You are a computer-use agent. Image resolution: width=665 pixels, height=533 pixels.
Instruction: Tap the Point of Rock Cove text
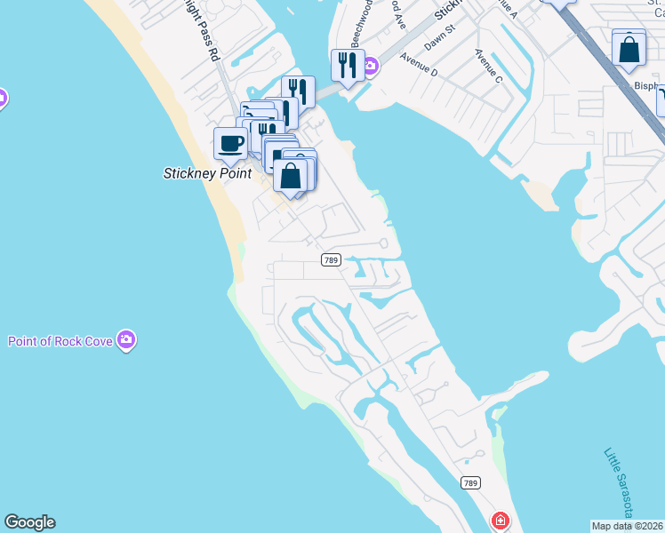tap(60, 341)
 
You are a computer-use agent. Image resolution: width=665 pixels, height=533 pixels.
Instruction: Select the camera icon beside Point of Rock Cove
tap(126, 340)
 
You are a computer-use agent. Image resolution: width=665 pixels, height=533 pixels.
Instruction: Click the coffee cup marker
tap(231, 143)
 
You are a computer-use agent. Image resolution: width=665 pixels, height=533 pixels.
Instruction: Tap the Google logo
tap(29, 522)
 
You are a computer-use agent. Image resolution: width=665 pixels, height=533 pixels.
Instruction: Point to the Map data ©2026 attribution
tap(628, 525)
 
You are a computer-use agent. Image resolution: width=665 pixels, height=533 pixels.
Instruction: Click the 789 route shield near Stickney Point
tap(331, 259)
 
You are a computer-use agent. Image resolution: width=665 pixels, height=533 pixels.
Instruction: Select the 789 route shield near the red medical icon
tap(472, 482)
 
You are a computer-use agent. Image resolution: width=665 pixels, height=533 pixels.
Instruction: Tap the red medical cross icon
tap(501, 520)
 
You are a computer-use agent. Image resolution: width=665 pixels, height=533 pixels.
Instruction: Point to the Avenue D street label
tap(419, 63)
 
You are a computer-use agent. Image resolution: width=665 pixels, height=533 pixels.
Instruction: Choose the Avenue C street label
tap(488, 67)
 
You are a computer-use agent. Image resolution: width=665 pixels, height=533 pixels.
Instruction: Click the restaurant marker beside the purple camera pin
tap(347, 65)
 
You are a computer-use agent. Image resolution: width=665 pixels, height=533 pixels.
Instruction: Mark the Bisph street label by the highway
tap(647, 86)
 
